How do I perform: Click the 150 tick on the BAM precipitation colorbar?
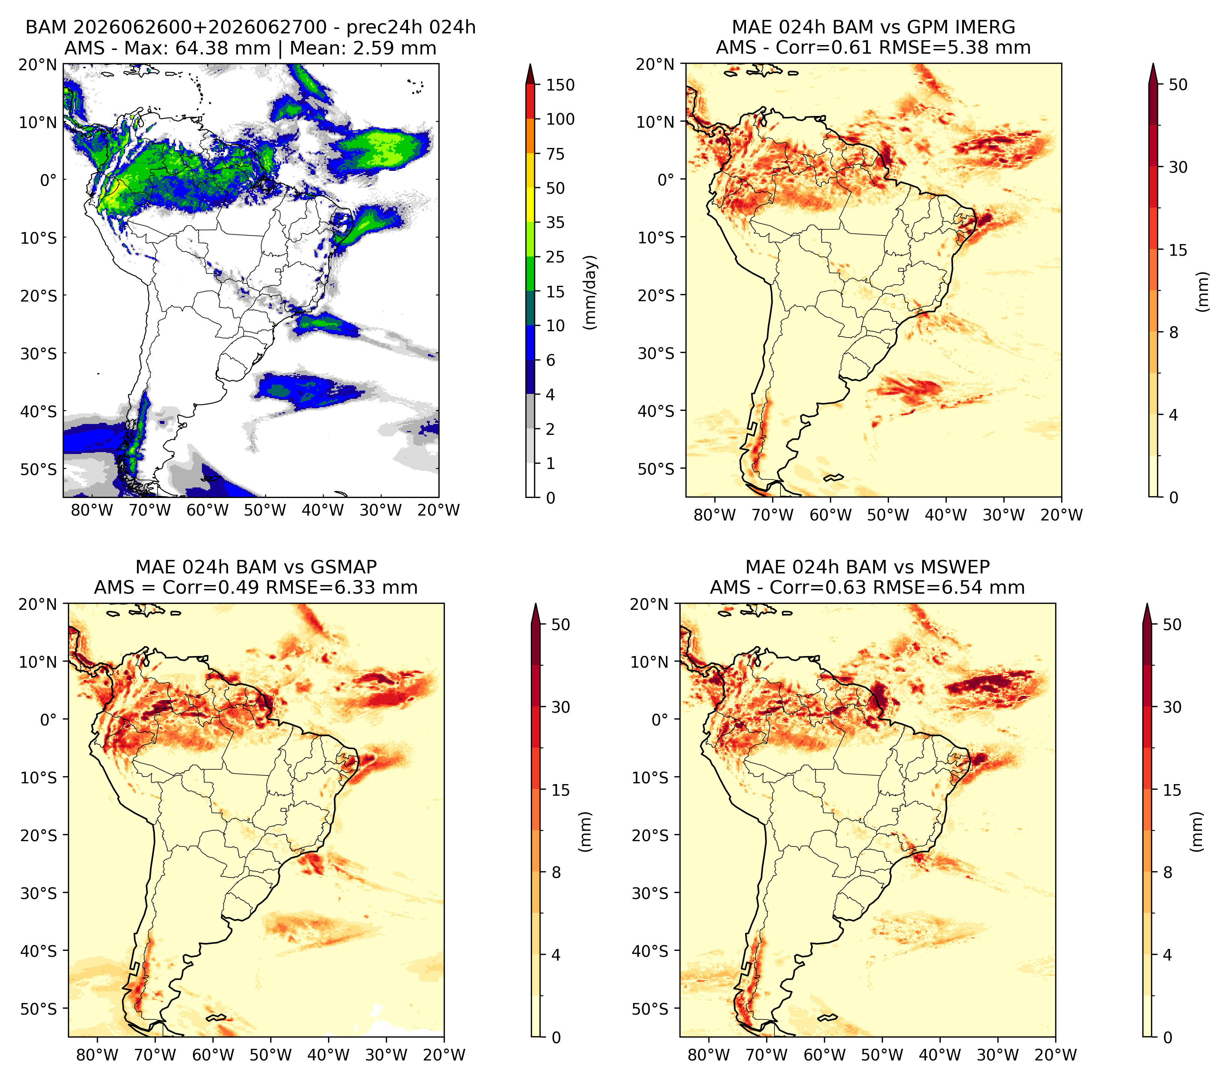click(560, 85)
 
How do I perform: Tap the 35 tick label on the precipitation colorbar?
click(555, 222)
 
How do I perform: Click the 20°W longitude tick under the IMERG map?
click(1061, 515)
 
